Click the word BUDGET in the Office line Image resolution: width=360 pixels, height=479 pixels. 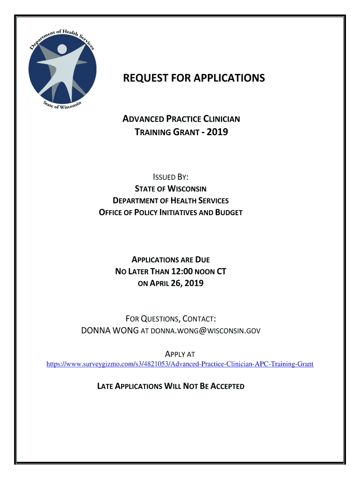tap(229, 212)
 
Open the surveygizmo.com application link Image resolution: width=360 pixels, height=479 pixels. tap(180, 363)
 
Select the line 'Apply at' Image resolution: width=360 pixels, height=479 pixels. tap(180, 354)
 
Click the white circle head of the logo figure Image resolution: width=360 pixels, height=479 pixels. tap(63, 50)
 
